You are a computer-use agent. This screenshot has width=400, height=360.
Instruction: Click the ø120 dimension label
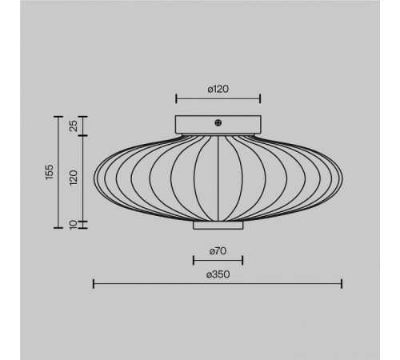click(218, 89)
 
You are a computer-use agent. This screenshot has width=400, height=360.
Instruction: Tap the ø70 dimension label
click(218, 251)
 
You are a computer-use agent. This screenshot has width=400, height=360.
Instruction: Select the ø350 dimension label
click(218, 274)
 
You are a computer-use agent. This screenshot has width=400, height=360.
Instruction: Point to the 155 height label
click(50, 172)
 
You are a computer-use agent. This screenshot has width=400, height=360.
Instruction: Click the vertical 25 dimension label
click(74, 126)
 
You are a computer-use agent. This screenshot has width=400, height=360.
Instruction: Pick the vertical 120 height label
click(74, 178)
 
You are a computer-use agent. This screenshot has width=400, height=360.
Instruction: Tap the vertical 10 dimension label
click(74, 225)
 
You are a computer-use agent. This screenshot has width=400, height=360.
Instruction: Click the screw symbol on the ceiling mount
click(218, 123)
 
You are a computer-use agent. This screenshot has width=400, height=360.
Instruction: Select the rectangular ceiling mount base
click(218, 125)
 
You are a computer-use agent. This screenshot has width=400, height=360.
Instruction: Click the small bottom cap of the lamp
click(218, 226)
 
